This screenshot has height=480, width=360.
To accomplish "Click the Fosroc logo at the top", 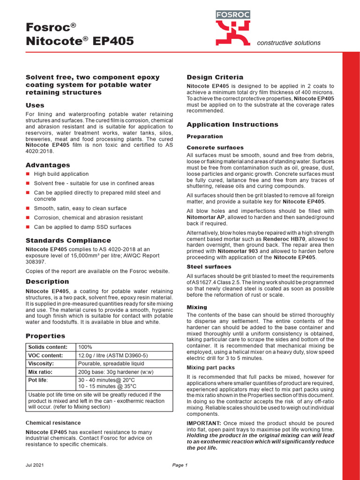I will (232, 26).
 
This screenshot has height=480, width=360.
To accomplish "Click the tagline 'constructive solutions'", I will (289, 43).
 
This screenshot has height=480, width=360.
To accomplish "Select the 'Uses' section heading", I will (35, 105).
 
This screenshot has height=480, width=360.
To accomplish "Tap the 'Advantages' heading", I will (48, 165).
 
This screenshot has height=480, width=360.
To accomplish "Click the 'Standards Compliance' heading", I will (61, 240).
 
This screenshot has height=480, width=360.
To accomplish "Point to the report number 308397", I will (36, 262).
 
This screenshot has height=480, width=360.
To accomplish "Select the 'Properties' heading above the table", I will (45, 336).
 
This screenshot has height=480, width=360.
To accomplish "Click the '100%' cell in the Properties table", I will (85, 347).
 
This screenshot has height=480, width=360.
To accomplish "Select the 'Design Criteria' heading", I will (215, 77).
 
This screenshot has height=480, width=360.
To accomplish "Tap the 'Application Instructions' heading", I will (232, 125).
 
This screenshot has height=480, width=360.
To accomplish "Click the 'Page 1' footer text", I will (180, 465).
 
